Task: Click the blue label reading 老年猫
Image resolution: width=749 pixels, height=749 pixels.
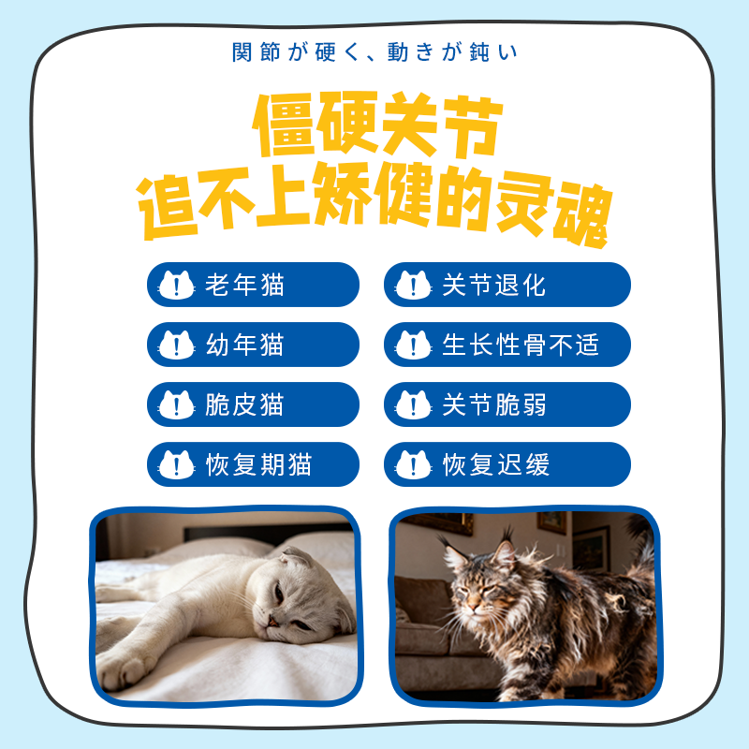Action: [x=253, y=285]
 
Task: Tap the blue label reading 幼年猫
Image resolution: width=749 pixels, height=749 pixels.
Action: [x=253, y=345]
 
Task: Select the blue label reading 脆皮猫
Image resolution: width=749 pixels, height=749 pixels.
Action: [x=253, y=404]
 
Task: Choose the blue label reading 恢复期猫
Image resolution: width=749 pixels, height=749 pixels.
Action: [x=253, y=464]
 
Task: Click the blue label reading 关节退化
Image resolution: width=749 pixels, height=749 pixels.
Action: [x=507, y=285]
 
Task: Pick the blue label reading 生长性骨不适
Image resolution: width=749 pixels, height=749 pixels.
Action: [x=507, y=345]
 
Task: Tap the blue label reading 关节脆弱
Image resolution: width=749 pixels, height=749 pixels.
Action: [x=507, y=404]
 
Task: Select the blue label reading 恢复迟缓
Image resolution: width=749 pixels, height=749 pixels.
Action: [x=507, y=464]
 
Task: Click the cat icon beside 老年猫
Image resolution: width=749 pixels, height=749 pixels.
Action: [x=176, y=285]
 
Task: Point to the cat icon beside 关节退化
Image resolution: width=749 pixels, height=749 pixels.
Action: [x=413, y=285]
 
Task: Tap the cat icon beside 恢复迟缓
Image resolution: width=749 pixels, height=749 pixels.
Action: [x=413, y=464]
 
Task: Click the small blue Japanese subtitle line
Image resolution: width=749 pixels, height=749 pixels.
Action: [x=374, y=52]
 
